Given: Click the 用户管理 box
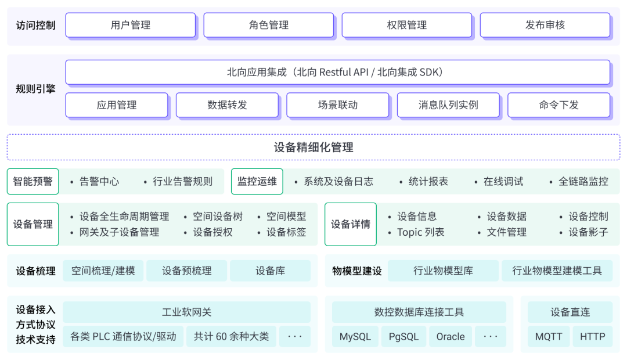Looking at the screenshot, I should click(130, 26).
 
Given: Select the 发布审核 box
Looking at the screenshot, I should click(545, 26).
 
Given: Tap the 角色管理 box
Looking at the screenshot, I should click(268, 26).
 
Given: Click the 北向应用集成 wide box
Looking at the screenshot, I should click(337, 73).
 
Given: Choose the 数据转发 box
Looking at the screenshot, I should click(227, 105).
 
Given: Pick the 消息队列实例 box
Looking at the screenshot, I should click(448, 105).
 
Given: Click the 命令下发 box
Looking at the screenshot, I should click(558, 105).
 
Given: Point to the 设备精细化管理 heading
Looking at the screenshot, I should click(313, 147).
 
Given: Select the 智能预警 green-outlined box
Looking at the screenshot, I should click(33, 181).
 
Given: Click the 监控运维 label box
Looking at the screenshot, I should click(257, 181).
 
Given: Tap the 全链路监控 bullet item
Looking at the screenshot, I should click(583, 181).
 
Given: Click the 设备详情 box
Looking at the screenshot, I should click(351, 224).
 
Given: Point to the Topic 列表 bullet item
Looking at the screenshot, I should click(420, 232).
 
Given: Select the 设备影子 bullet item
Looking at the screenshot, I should click(588, 232).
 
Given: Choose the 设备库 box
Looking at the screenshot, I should click(270, 271).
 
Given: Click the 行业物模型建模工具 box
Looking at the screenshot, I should click(557, 271).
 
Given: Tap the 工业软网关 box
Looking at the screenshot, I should click(186, 312).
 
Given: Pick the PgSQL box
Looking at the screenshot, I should click(403, 337).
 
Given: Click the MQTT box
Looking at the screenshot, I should click(548, 337).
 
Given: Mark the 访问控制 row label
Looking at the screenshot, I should click(36, 26).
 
